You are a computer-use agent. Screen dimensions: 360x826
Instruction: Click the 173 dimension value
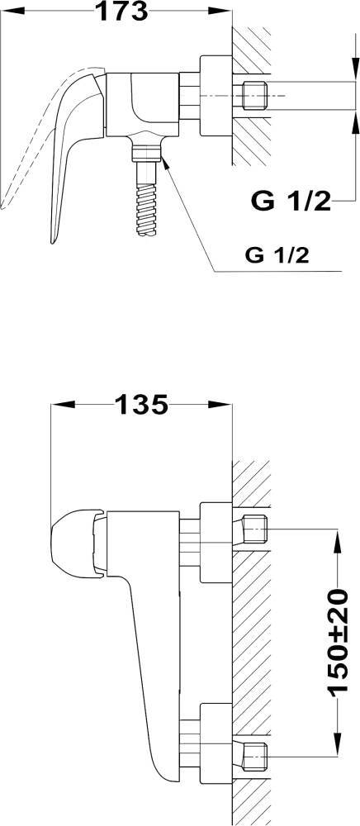pyautogui.click(x=123, y=11)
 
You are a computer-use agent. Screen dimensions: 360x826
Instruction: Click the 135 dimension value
pyautogui.click(x=141, y=405)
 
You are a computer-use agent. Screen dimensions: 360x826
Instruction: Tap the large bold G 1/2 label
pyautogui.click(x=291, y=201)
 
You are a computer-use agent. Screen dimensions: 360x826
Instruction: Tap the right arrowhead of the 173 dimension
pyautogui.click(x=220, y=11)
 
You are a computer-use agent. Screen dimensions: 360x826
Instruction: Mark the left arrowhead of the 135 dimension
pyautogui.click(x=63, y=405)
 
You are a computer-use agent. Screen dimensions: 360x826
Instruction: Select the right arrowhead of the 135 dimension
pyautogui.click(x=220, y=405)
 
